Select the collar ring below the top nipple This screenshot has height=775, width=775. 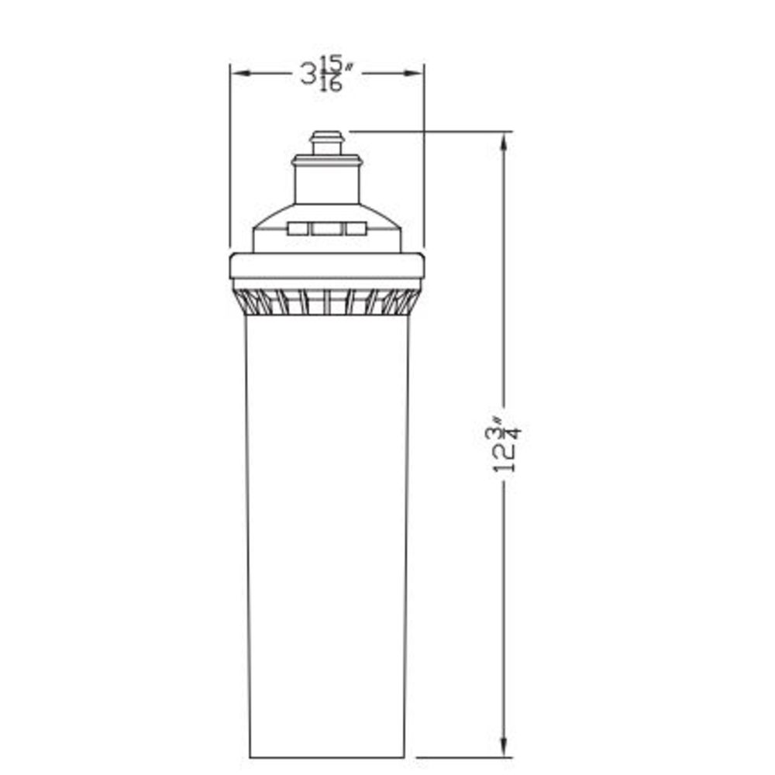(326, 161)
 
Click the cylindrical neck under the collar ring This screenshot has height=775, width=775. (326, 186)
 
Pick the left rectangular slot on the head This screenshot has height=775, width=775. (298, 229)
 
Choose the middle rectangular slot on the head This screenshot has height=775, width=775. (326, 229)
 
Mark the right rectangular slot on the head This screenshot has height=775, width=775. (356, 229)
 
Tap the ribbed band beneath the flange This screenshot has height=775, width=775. (326, 302)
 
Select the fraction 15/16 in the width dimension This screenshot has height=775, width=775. (332, 74)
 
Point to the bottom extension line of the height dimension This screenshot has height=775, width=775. (465, 757)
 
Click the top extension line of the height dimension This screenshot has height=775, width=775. (434, 132)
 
